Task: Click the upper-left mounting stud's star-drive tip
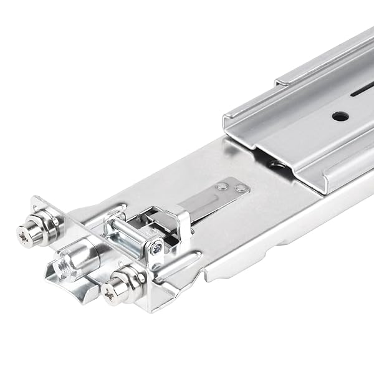(x=24, y=236)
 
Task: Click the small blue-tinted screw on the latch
(x=156, y=249)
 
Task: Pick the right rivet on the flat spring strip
(x=239, y=188)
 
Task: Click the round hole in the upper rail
(x=340, y=116)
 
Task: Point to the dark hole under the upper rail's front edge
(x=277, y=165)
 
